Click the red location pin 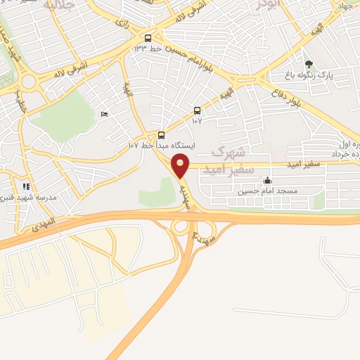click(181, 165)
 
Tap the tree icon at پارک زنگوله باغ click(309, 63)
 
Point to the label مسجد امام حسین click(268, 191)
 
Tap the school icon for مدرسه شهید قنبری click(26, 186)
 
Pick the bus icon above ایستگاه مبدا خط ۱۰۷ click(162, 135)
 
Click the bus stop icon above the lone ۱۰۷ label click(197, 110)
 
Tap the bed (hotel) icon click(105, 115)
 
